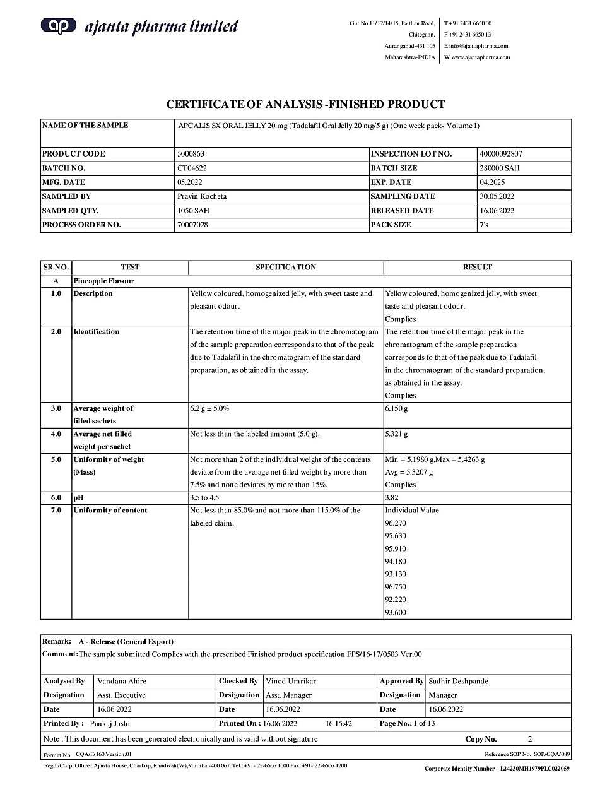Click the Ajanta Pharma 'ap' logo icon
(x=58, y=25)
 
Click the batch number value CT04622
(x=192, y=168)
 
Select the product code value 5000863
(x=191, y=154)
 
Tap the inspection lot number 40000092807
(x=500, y=154)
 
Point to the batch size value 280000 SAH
(x=499, y=168)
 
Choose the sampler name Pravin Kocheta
(x=201, y=196)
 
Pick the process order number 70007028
(x=192, y=225)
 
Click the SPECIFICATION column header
(x=285, y=268)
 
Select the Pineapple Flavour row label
(x=103, y=281)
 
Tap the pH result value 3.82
(x=392, y=498)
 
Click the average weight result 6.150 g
(x=396, y=409)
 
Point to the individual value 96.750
(x=396, y=587)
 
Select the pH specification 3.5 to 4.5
(x=205, y=498)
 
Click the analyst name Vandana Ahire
(x=121, y=682)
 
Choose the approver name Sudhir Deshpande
(x=458, y=682)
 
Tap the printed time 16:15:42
(x=338, y=724)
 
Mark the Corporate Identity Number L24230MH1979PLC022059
(x=534, y=769)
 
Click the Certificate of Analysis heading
(x=305, y=105)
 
